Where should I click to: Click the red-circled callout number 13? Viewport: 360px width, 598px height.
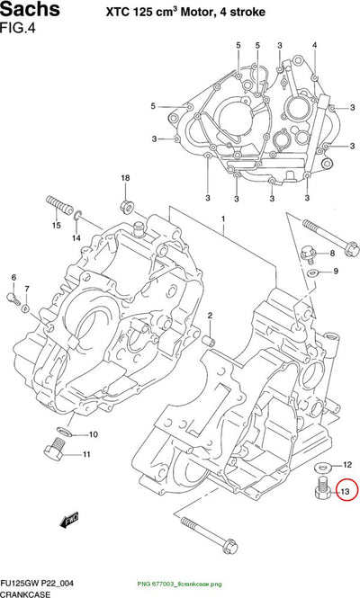pos(345,492)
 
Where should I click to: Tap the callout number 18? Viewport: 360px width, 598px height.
pos(125,178)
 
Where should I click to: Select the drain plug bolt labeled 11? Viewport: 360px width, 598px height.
pos(54,450)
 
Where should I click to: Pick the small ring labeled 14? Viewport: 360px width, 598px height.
pos(76,217)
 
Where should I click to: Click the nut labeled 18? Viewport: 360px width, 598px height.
pos(127,207)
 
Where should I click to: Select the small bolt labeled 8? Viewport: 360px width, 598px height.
pos(309,254)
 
